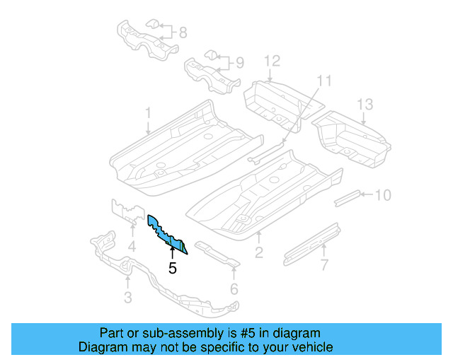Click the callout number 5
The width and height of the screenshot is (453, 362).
(172, 268)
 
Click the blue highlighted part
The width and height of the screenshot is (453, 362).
(166, 232)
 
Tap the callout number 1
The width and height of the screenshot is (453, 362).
(149, 112)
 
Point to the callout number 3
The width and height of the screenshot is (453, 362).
(127, 298)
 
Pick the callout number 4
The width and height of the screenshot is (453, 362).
(132, 246)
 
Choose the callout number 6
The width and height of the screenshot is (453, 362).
(234, 288)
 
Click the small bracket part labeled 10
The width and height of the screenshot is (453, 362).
(347, 197)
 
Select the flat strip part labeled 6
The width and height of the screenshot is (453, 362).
(217, 255)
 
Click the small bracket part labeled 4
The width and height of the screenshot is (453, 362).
(124, 211)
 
